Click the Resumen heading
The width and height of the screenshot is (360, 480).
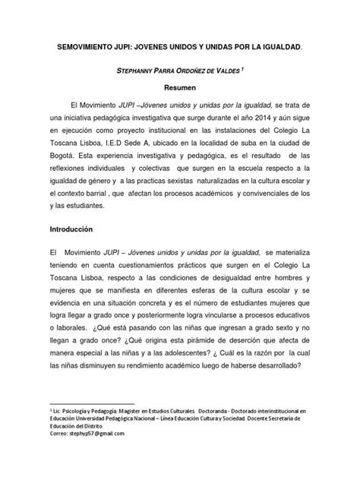(179, 87)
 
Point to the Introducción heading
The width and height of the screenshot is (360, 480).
(74, 229)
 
